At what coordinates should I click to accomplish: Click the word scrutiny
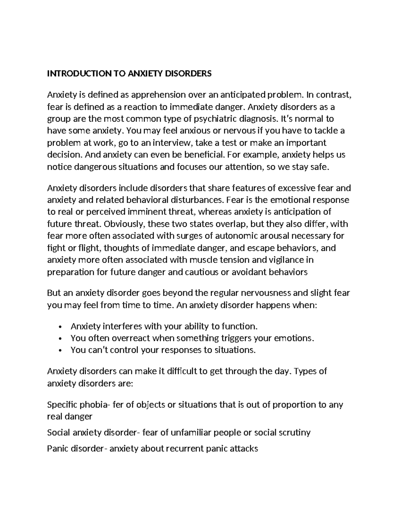(294, 432)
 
